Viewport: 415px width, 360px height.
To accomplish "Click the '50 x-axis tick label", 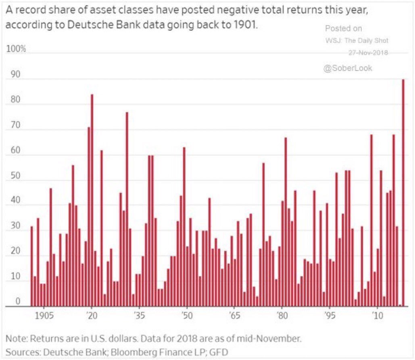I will tap(186, 315).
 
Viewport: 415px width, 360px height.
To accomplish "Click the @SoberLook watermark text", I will tap(348, 69).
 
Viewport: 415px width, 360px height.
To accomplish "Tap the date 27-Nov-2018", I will tap(368, 53).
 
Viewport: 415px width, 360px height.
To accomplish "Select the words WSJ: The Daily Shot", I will tap(357, 41).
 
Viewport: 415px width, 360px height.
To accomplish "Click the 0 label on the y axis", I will tap(17, 301).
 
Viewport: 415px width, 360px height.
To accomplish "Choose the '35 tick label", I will tap(139, 315).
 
